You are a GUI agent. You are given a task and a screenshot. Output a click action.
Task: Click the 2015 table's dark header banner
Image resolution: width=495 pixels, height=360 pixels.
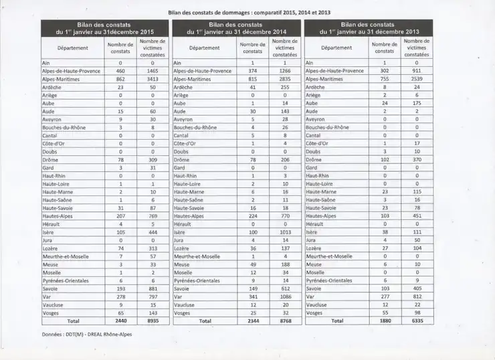pos(106,28)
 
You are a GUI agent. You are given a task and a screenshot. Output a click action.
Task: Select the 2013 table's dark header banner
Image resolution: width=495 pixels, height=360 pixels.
pos(369,28)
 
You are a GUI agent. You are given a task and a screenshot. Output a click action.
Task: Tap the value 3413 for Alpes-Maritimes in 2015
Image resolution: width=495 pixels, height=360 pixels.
pos(153,79)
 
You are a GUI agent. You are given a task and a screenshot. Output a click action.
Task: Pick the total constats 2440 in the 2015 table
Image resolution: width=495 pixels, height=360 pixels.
pos(120,321)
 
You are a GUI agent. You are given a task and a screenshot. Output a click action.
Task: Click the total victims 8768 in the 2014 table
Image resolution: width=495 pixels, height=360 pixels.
pos(285,321)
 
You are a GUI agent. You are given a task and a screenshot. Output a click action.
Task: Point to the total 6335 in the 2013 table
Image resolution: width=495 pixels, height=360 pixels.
pos(417,321)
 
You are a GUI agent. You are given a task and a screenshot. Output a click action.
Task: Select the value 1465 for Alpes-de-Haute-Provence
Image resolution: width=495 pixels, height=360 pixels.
pos(153,70)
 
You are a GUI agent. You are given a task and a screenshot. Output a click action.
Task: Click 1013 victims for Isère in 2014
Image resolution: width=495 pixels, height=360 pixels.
pos(285,232)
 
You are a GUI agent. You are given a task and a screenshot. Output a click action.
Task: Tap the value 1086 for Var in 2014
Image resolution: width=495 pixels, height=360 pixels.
pos(285,296)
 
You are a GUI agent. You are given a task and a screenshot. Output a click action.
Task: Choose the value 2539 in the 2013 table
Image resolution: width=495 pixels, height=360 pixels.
pos(417,79)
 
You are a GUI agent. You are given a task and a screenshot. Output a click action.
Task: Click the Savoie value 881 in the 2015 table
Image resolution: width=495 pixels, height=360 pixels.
pos(153,288)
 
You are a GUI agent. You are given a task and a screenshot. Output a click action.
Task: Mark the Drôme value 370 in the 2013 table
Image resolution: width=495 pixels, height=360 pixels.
pos(417,160)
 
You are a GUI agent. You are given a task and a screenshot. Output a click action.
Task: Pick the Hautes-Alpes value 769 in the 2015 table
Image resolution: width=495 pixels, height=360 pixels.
pos(153,216)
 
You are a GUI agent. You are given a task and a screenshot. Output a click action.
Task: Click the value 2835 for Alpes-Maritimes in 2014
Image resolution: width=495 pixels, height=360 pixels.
pos(285,79)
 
